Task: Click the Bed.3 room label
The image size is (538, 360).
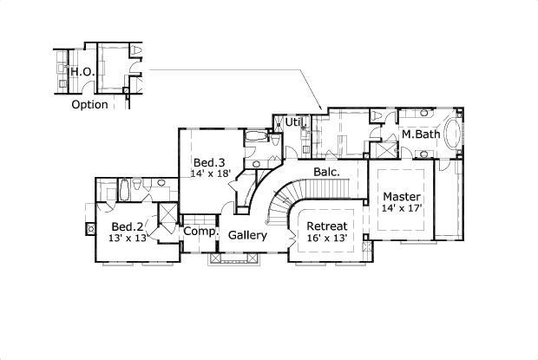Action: [x=209, y=162]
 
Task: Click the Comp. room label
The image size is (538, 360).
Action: [x=199, y=232]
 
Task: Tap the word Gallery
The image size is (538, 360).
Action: [x=247, y=235]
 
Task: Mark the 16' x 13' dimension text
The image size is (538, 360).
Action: [x=327, y=239]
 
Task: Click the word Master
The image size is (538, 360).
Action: [x=402, y=197]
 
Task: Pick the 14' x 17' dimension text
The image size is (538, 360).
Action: [x=402, y=209]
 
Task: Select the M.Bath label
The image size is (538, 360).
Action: [x=420, y=135]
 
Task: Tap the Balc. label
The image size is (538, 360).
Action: [x=325, y=171]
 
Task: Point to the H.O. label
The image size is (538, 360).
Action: [x=82, y=72]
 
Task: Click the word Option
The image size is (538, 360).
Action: [x=89, y=104]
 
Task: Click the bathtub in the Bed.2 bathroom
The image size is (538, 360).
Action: [x=123, y=188]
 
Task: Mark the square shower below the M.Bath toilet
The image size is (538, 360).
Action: [x=379, y=147]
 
